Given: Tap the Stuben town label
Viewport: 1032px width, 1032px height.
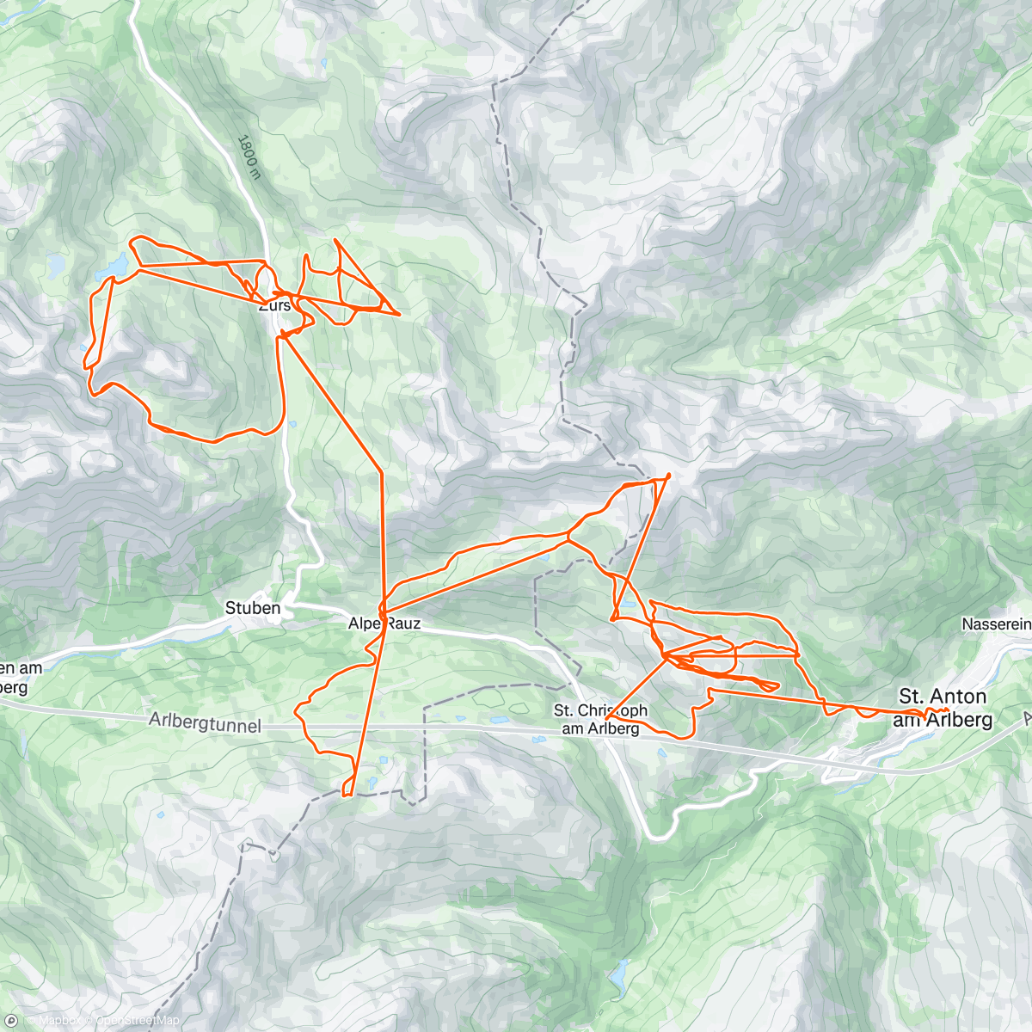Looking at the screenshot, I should pos(253,608).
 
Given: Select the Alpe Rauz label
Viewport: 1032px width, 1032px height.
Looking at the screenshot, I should pos(384,623).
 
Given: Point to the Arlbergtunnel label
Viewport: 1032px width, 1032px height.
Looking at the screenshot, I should pos(204,722).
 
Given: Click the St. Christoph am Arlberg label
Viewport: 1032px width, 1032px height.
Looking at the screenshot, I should pos(600,720).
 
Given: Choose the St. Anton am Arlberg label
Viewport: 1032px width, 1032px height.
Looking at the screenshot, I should pos(943,707).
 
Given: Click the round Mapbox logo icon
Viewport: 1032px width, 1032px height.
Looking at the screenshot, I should pos(12,1020).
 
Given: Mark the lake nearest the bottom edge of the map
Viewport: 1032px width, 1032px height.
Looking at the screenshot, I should pos(617,975).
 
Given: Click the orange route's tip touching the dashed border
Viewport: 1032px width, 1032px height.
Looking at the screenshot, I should pos(668,475).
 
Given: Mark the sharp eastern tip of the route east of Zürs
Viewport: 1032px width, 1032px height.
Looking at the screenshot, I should pos(400,314).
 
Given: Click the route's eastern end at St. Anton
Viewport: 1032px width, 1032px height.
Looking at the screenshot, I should pos(947,709).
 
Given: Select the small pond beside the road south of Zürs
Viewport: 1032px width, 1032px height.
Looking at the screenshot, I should pos(292,424).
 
